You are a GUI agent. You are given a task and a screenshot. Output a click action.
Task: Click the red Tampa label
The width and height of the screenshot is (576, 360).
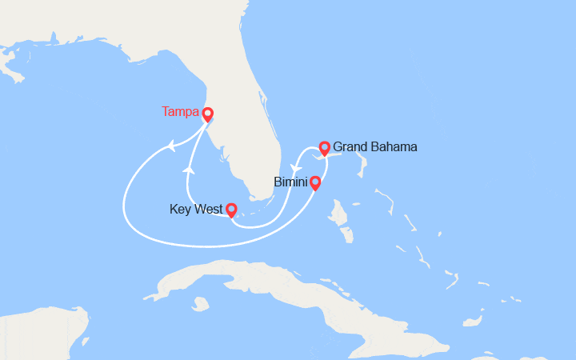tap(180, 112)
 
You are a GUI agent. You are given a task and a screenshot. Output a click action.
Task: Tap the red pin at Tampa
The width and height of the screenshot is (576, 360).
tap(207, 114)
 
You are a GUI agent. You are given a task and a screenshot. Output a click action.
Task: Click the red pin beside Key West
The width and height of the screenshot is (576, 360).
tap(231, 210)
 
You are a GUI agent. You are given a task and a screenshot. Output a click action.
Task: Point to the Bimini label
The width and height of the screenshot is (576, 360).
tap(290, 182)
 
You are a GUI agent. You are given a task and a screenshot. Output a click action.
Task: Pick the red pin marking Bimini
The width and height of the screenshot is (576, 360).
tap(315, 183)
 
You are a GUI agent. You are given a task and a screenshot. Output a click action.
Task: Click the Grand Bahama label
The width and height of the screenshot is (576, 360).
tap(374, 147)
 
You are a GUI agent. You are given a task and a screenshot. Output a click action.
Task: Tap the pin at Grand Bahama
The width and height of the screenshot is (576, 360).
tap(324, 148)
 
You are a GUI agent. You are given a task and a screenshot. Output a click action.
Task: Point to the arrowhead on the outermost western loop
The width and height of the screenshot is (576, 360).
tap(170, 146)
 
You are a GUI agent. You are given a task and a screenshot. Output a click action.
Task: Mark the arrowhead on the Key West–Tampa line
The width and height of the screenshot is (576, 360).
tap(190, 169)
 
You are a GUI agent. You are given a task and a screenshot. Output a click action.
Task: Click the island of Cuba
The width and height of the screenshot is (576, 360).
tap(264, 280)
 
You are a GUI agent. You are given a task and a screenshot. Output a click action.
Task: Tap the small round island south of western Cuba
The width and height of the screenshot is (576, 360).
tap(200, 303)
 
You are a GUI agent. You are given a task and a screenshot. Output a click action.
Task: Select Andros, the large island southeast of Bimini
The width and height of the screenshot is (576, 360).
tap(340, 217)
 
